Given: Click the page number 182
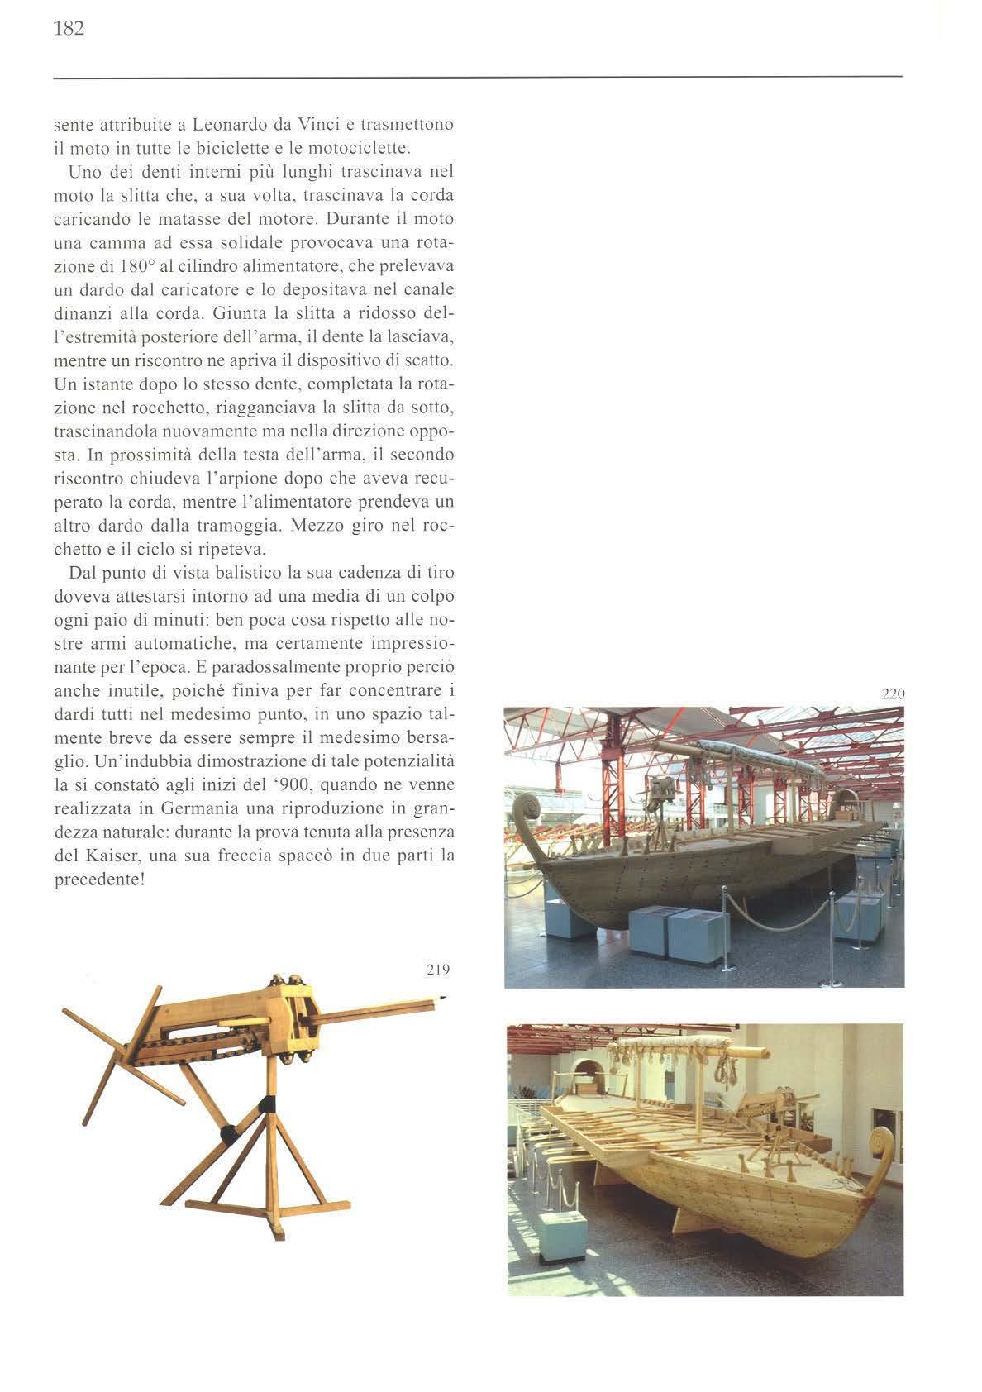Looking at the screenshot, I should click(x=69, y=30).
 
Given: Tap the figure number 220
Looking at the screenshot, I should click(x=894, y=694).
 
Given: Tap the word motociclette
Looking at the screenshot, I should click(x=365, y=150).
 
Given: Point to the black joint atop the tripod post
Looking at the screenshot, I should click(x=268, y=1104).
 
